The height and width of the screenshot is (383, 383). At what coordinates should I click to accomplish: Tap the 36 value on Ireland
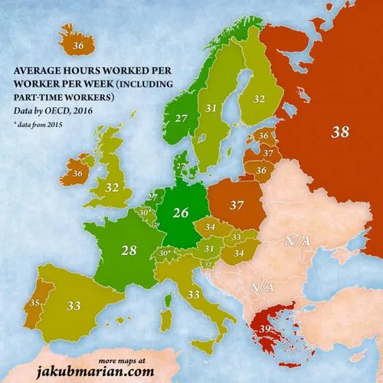tap(77, 174)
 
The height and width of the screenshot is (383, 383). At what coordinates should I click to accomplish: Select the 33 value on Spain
tap(74, 306)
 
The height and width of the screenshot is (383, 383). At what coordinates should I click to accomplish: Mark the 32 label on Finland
tap(259, 99)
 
